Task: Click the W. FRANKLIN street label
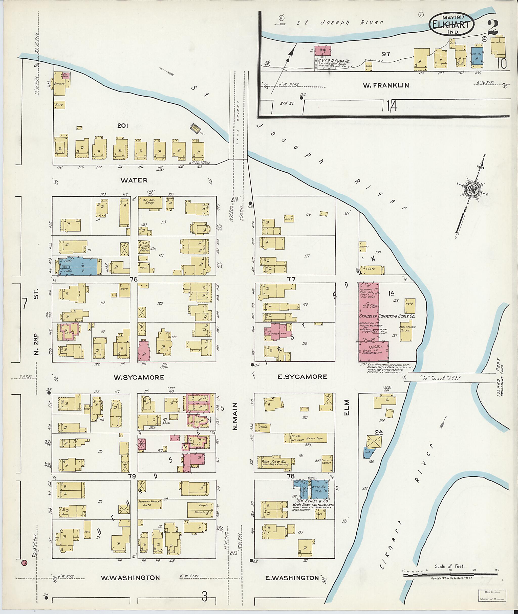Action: tap(390, 85)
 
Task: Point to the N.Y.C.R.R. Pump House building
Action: tap(322, 51)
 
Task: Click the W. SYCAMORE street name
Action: tap(139, 377)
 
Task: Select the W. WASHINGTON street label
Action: tap(130, 578)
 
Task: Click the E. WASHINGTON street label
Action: tap(292, 578)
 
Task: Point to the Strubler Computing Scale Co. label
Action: tap(386, 316)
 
